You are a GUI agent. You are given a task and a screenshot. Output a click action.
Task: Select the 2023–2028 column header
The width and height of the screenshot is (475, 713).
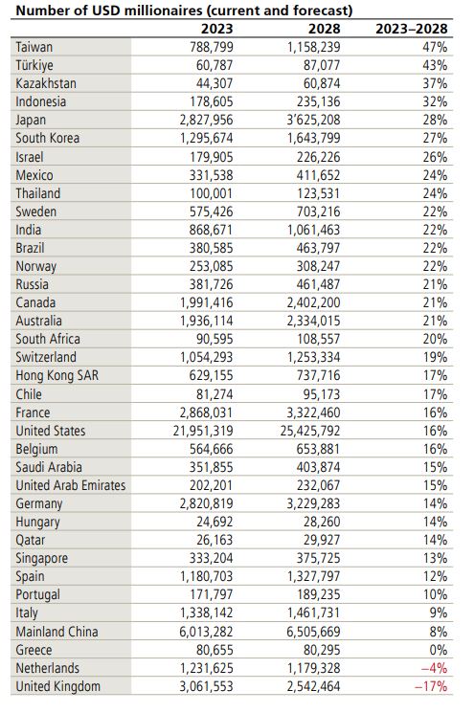[x=412, y=29]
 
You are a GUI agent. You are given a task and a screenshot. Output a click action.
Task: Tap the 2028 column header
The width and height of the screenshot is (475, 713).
[x=325, y=29]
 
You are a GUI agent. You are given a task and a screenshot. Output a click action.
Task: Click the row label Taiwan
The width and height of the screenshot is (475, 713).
[x=34, y=47]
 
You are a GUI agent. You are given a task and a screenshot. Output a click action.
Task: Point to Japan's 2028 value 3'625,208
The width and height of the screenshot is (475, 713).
[x=314, y=120]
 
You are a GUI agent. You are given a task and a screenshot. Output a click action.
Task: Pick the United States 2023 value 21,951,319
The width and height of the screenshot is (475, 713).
[x=203, y=431]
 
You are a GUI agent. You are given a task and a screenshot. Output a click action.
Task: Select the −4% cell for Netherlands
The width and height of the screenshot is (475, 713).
[x=434, y=668]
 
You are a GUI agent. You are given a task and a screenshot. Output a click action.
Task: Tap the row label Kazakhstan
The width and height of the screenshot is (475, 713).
[x=46, y=83]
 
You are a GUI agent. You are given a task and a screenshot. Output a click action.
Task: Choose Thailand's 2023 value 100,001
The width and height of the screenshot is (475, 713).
[x=212, y=193]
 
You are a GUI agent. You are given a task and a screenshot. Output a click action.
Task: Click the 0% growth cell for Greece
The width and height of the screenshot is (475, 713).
[x=439, y=650]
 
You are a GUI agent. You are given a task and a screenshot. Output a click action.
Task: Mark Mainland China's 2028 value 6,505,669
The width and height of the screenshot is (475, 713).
[x=313, y=632]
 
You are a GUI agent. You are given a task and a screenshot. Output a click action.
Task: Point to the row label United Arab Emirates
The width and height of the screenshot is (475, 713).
[x=71, y=485]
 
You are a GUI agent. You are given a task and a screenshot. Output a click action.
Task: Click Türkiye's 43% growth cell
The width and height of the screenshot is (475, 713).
[x=435, y=65]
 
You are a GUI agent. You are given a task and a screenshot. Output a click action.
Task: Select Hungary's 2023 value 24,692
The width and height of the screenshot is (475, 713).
[x=215, y=522]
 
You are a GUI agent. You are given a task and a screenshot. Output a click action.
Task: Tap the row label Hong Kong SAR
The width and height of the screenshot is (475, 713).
[x=57, y=375]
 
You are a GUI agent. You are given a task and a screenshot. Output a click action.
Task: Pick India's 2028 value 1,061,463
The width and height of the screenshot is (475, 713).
[x=314, y=230]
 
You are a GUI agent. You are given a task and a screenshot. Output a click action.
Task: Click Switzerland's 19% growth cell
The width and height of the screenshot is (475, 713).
[x=435, y=357]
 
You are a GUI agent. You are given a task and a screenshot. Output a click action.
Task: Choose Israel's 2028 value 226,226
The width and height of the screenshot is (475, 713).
[x=319, y=157]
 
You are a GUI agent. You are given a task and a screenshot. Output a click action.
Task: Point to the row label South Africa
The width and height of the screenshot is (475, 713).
[x=48, y=339]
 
